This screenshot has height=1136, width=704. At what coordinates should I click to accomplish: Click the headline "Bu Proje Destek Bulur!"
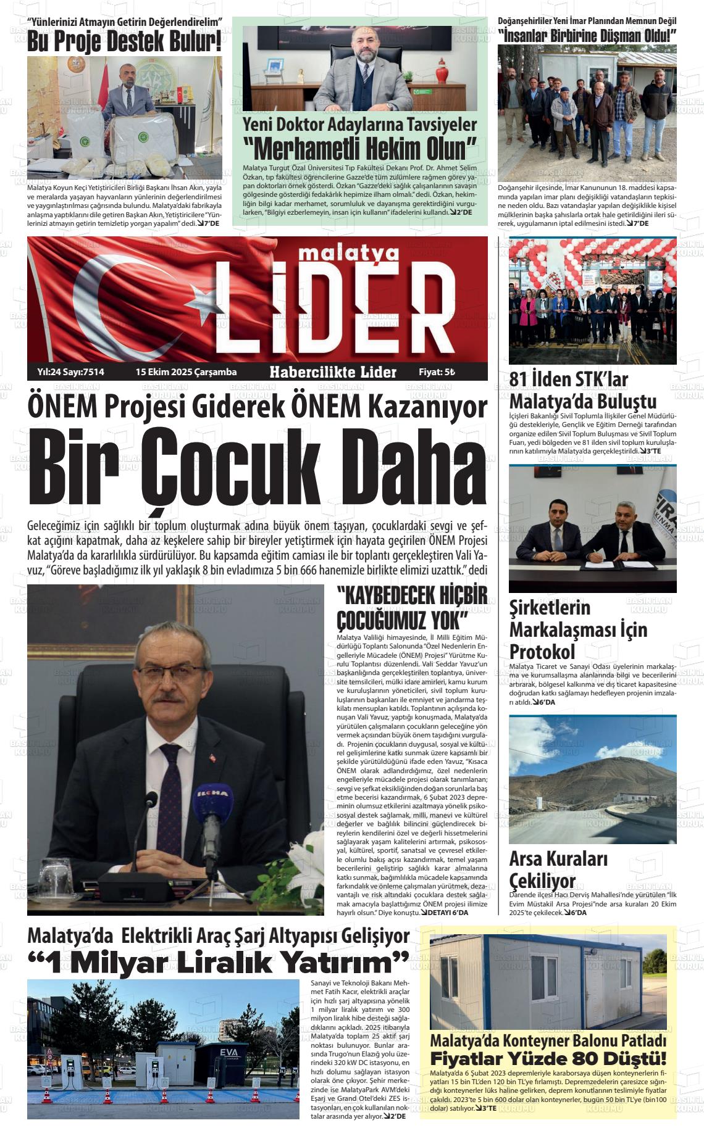124,42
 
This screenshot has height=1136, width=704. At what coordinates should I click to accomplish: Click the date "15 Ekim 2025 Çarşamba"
186,372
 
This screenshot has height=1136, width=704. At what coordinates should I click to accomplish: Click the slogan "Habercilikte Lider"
333,372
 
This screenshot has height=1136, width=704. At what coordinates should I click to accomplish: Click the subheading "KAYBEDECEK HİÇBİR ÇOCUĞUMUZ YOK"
411,607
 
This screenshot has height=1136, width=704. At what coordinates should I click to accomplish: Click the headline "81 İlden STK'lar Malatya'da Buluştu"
582,391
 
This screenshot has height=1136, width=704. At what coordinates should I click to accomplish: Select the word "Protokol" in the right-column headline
542,652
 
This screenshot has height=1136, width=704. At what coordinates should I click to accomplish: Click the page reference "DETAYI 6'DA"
444,913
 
